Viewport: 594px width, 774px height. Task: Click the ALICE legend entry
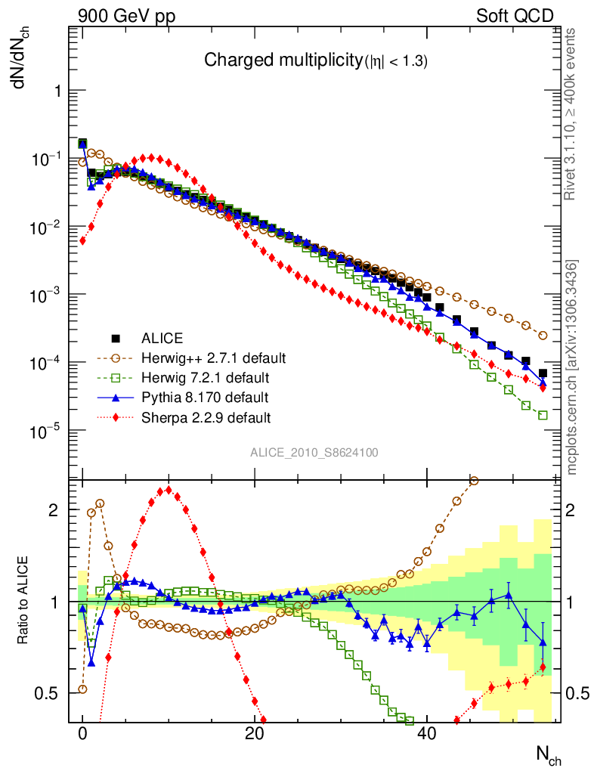pyautogui.click(x=162, y=338)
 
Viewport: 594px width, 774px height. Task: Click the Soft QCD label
pyautogui.click(x=515, y=16)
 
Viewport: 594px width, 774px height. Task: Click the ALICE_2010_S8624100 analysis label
pyautogui.click(x=314, y=453)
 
